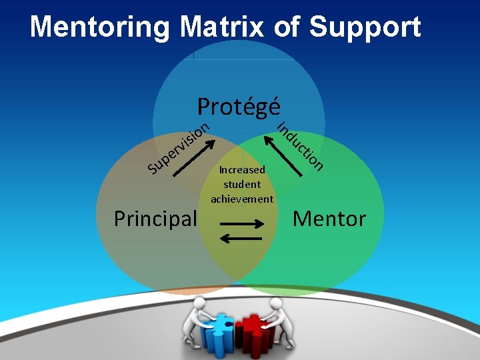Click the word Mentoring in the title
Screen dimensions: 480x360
(100, 27)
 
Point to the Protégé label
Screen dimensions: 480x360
(239, 107)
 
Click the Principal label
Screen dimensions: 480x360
(155, 218)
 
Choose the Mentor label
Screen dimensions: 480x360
(329, 218)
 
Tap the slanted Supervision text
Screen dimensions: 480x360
(179, 147)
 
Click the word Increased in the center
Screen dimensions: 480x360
(242, 170)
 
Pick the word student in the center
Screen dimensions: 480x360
(242, 184)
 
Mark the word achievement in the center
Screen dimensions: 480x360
(242, 199)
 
